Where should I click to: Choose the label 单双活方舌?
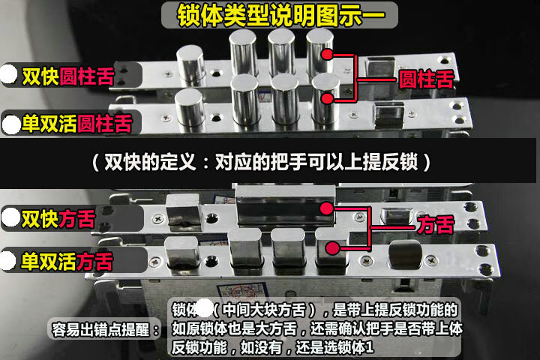coord(67,261)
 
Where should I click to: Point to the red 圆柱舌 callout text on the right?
coord(425,79)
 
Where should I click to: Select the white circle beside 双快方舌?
coord(10,218)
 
